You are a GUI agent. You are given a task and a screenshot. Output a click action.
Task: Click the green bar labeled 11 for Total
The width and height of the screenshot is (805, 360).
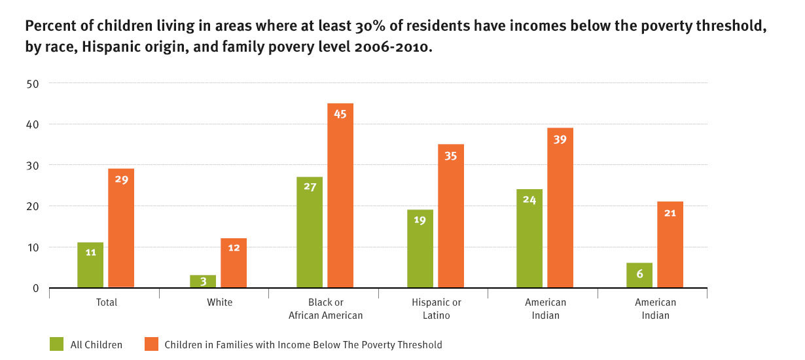pos(90,265)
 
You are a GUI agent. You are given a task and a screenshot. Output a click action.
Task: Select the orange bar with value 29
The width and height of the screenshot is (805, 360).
pos(121,228)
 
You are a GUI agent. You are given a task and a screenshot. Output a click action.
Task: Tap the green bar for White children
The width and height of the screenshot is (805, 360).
pos(203,281)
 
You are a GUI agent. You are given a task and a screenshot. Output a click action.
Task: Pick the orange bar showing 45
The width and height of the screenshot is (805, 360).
pos(340,196)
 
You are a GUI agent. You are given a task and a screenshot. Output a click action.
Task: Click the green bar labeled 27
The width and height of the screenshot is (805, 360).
pos(310,232)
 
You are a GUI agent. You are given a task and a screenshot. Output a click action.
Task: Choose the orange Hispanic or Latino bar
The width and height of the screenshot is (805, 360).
pos(451,216)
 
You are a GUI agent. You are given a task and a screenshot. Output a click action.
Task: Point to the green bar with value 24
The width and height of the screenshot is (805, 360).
pos(529,238)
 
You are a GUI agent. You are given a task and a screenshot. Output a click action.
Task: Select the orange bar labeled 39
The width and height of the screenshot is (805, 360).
pos(560,207)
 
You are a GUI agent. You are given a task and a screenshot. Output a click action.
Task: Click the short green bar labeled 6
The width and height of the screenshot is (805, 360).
pos(639,276)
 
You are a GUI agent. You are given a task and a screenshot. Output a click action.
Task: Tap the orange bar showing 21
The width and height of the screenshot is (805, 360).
pos(670,245)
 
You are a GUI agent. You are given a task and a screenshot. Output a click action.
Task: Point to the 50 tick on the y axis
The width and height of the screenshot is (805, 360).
pos(33,83)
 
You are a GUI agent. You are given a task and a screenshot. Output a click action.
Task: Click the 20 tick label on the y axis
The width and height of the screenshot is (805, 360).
pos(33,206)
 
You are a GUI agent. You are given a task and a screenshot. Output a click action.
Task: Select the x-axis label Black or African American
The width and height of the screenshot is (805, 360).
pos(325,309)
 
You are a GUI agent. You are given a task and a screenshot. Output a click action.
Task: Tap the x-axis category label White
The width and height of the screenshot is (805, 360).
pos(219,302)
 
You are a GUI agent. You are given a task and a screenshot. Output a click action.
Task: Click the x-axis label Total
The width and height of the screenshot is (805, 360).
pos(107,302)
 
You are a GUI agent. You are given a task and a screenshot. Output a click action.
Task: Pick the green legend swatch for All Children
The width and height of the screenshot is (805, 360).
pos(56,344)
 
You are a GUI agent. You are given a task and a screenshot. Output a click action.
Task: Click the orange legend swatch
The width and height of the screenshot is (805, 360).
pos(151,344)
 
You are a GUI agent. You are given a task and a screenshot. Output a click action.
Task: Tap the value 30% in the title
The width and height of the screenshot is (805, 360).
pos(353,27)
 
